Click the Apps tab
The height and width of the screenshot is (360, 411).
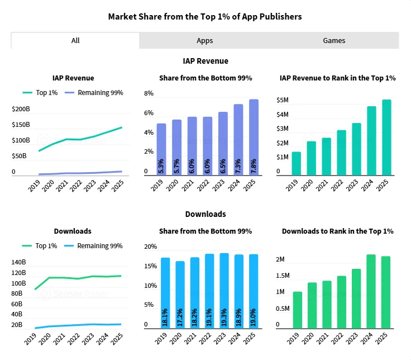click(204, 40)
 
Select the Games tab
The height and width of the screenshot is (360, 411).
click(334, 40)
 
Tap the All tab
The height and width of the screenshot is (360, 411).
click(75, 40)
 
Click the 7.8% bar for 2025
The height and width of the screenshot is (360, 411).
click(254, 137)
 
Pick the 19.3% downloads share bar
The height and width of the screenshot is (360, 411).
click(224, 291)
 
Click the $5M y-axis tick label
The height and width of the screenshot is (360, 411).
click(283, 101)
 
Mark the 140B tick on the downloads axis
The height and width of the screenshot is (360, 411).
click(18, 262)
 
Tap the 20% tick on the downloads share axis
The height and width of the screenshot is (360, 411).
click(150, 247)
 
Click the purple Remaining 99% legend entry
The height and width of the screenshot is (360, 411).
click(94, 93)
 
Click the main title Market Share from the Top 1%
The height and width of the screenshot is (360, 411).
click(205, 16)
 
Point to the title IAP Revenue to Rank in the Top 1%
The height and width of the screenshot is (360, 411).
click(337, 78)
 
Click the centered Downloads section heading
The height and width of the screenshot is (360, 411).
click(205, 214)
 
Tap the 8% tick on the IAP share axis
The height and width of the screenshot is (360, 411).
click(149, 93)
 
